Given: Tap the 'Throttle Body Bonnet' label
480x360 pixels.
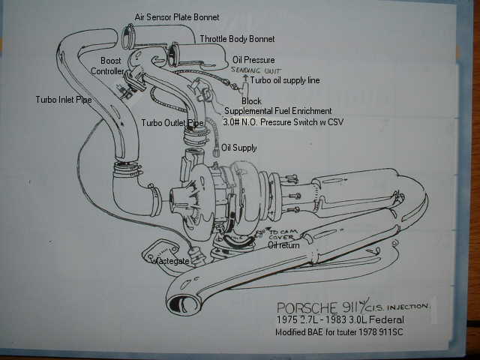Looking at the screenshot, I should coord(237,38).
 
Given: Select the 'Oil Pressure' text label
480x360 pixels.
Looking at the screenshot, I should coord(253,59).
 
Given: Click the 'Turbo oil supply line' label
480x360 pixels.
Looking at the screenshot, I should coord(286,79).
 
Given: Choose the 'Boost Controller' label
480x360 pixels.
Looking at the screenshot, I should coord(109,65).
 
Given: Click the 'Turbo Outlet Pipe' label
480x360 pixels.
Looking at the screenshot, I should coord(172,122).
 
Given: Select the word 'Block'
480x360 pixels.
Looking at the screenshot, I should coord(251,100).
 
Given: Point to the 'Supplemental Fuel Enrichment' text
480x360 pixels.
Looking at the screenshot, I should coord(277,111).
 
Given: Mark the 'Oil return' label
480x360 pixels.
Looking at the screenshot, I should coord(284,244).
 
